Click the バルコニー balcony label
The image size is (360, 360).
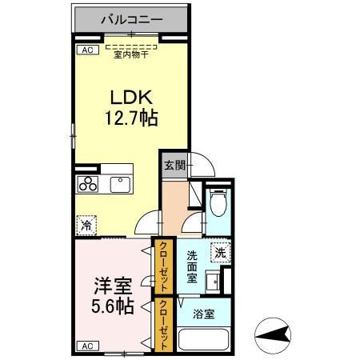pyautogui.click(x=132, y=18)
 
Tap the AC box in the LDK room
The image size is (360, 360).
pyautogui.click(x=83, y=50)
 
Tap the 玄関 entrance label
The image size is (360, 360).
pyautogui.click(x=175, y=166)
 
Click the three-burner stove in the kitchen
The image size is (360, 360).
pyautogui.click(x=88, y=186)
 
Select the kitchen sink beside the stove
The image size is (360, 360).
pyautogui.click(x=121, y=186)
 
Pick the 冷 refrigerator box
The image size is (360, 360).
pyautogui.click(x=86, y=226)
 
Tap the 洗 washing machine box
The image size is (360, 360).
pyautogui.click(x=220, y=252)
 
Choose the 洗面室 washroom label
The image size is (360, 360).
pyautogui.click(x=192, y=267)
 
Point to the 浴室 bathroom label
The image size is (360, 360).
pyautogui.click(x=203, y=314)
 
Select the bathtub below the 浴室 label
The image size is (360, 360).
pyautogui.click(x=204, y=338)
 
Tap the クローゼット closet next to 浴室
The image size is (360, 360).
pyautogui.click(x=163, y=325)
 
